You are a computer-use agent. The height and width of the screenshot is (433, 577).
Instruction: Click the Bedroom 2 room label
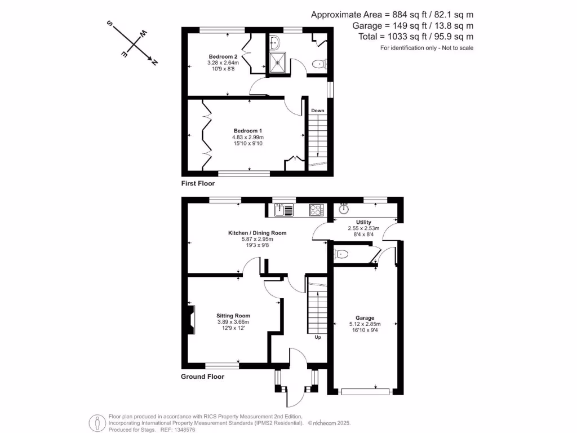point(223,57)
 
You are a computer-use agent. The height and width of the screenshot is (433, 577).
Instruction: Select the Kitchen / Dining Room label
point(257,233)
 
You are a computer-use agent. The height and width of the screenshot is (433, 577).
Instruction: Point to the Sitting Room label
point(233,316)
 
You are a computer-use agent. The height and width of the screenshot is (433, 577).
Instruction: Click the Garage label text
point(365,318)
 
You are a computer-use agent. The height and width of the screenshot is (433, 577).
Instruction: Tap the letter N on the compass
point(154,62)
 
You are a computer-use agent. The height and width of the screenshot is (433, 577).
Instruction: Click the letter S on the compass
point(110,24)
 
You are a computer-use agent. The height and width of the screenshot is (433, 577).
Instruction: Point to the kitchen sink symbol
point(283,210)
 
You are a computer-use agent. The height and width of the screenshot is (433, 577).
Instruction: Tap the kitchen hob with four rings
point(316,210)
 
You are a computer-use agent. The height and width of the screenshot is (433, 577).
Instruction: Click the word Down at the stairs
point(318,111)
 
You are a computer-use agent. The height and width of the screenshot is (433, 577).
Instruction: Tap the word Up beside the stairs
point(318,338)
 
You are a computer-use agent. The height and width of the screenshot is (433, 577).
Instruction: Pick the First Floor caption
point(198,183)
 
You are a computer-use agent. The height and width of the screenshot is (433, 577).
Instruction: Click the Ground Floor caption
point(202,377)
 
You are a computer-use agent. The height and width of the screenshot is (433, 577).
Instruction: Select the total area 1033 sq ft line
point(416,37)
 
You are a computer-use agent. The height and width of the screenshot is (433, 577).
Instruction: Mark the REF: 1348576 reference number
point(179,429)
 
